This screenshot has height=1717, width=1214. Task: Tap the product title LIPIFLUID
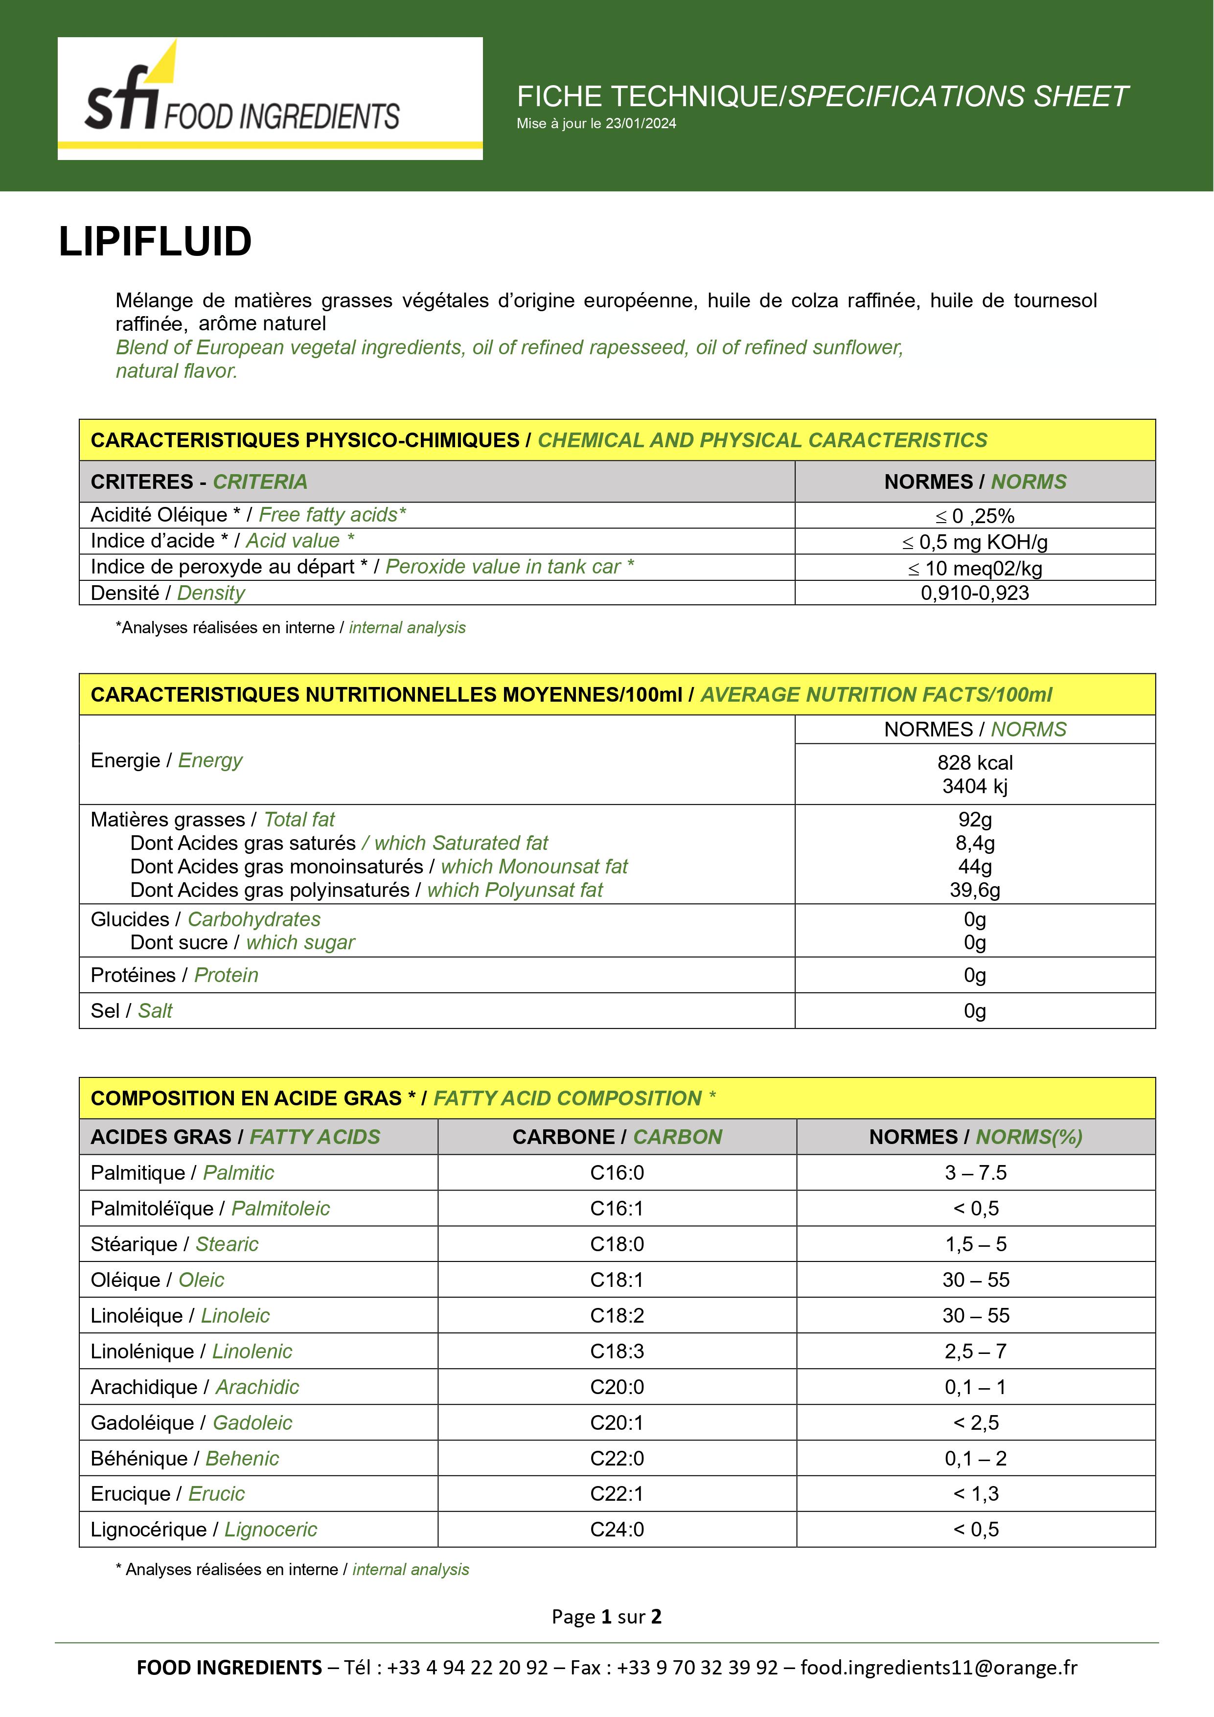click(x=155, y=242)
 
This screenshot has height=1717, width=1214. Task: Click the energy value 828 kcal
click(x=975, y=763)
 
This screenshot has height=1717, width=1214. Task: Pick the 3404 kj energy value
click(x=975, y=786)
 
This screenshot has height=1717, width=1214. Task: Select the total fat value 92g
click(x=975, y=820)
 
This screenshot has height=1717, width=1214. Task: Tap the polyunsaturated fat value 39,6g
click(x=975, y=890)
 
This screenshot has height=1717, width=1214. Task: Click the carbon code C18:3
click(x=617, y=1351)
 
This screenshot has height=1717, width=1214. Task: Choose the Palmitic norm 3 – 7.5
click(x=975, y=1172)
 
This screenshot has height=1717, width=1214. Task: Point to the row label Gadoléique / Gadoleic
click(x=191, y=1422)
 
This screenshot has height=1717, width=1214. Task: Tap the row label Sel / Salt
click(x=131, y=1011)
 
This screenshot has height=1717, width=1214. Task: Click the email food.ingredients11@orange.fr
click(x=939, y=1668)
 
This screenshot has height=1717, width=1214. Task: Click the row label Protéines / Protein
click(x=174, y=975)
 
